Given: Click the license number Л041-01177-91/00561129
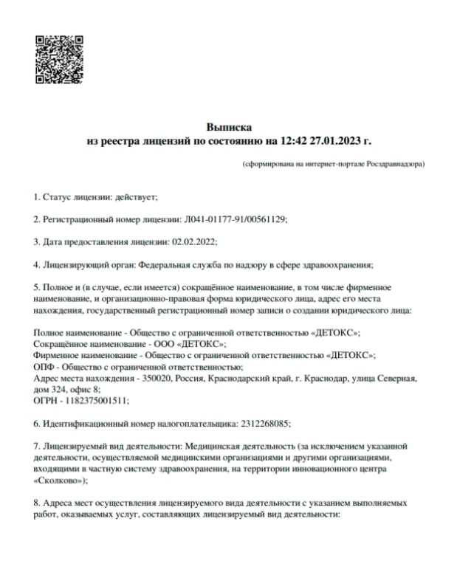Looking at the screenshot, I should click(x=233, y=219).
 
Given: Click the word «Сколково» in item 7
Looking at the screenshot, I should click(x=60, y=480).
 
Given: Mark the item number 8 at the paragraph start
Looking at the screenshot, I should click(x=36, y=503).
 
